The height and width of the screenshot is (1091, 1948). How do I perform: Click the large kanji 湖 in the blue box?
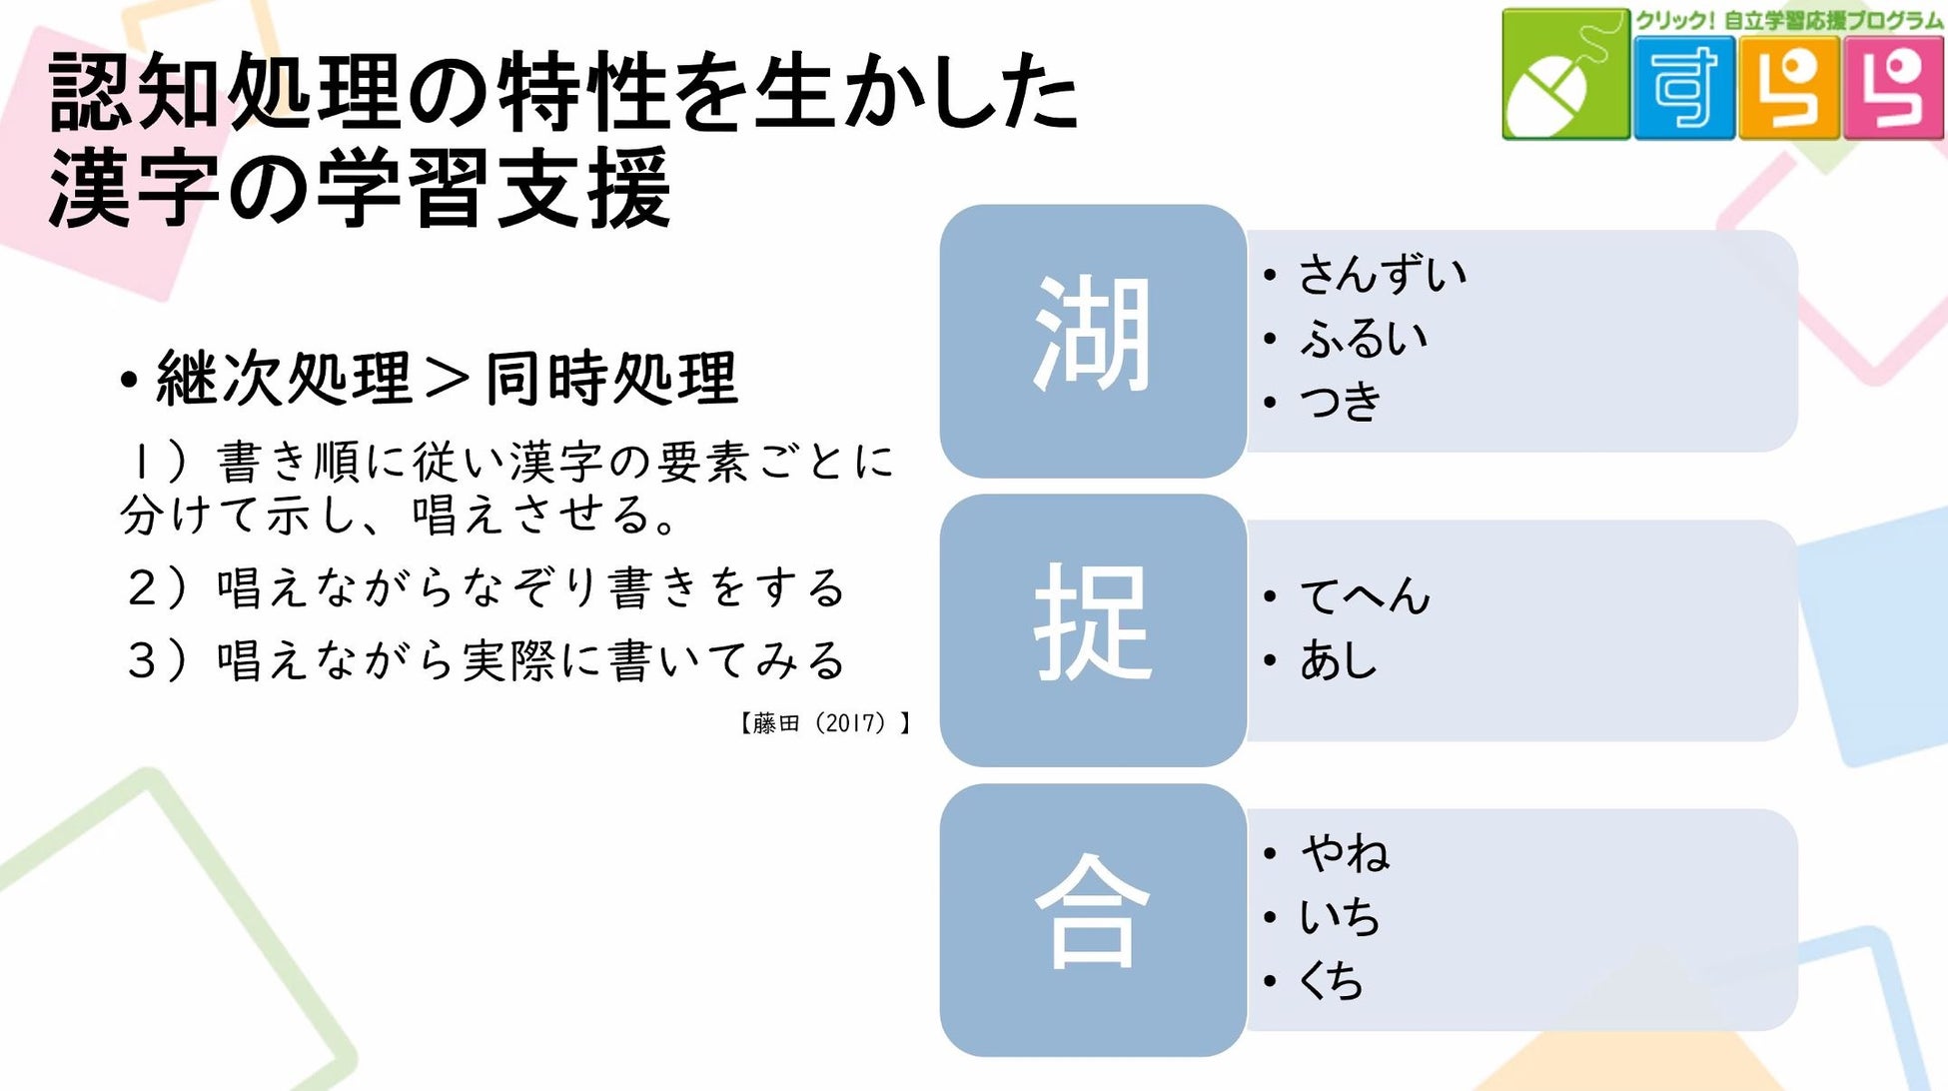[x=1092, y=335]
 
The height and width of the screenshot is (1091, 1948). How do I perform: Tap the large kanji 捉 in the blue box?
[x=1092, y=623]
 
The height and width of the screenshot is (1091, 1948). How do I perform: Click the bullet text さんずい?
[x=1382, y=274]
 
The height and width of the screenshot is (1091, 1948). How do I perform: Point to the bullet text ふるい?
[x=1363, y=339]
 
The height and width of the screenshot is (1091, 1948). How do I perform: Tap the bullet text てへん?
[x=1365, y=596]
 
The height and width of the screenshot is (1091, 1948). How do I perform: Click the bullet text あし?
[x=1338, y=660]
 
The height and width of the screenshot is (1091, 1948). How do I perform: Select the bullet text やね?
[x=1345, y=853]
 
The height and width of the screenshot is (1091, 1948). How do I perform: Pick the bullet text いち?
[x=1339, y=917]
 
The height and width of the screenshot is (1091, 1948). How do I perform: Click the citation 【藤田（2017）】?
[x=824, y=722]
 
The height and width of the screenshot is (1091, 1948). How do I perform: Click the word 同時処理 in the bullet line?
[x=611, y=379]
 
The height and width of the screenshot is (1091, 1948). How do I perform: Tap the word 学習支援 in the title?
[x=493, y=188]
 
